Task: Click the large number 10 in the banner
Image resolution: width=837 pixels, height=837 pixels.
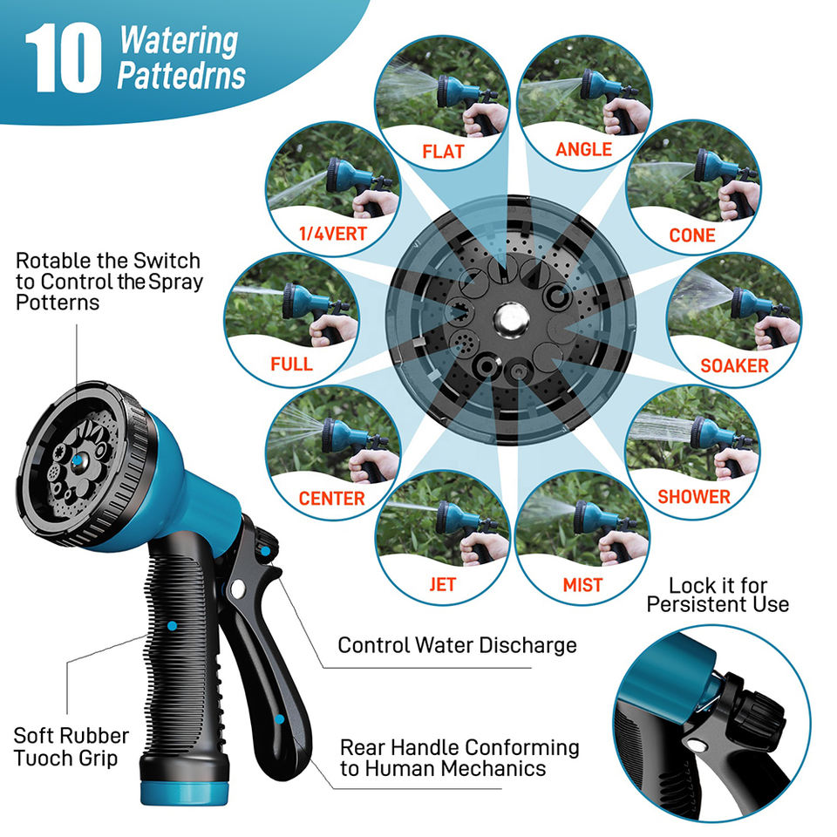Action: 63,58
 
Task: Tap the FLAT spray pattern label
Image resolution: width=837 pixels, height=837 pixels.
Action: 443,152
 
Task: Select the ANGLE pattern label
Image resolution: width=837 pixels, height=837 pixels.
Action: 583,149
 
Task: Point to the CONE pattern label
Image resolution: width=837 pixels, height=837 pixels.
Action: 691,235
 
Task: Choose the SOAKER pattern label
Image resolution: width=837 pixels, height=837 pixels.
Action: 734,365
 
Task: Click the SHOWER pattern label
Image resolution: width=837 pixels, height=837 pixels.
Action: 693,496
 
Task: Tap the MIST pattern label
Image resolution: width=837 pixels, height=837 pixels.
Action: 582,585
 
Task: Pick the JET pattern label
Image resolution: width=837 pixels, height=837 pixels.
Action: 443,584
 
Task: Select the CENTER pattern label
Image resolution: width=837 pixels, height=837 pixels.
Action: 331,498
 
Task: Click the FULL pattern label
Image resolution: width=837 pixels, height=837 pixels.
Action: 291,364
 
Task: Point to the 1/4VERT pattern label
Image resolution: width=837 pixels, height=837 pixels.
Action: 332,234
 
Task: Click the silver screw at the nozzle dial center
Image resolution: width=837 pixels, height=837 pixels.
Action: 512,320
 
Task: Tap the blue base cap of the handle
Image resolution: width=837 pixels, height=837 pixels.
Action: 185,793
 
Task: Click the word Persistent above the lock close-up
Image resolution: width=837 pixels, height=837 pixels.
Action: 694,604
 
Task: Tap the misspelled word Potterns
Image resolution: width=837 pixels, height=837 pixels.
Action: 58,303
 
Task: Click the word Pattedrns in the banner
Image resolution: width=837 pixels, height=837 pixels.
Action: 181,76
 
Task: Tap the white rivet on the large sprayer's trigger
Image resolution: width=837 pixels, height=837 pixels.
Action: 237,589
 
